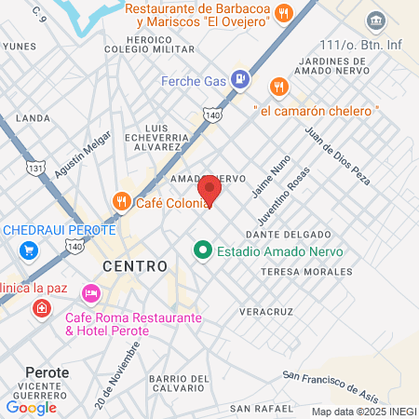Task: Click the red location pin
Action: click(x=209, y=191)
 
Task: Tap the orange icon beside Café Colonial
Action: click(x=121, y=200)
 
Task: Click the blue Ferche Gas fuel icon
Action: click(x=241, y=79)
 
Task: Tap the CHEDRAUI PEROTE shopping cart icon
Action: click(x=29, y=250)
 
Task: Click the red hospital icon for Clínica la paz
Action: click(x=41, y=307)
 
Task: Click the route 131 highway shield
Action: click(x=35, y=168)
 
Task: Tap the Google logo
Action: click(x=31, y=407)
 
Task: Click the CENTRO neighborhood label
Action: click(x=133, y=266)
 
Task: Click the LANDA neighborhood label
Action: click(x=34, y=118)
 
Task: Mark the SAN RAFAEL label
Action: click(x=262, y=408)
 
